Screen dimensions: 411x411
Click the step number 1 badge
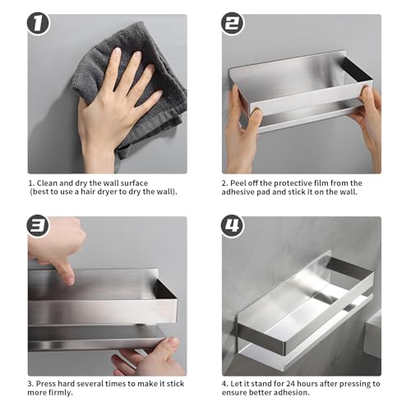[38, 23]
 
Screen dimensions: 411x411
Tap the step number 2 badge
[232, 23]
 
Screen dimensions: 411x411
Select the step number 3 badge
[38, 225]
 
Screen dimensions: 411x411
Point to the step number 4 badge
[232, 225]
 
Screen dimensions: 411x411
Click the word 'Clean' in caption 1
[46, 183]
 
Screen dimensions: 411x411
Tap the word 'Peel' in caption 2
[238, 183]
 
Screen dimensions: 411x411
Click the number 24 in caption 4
[291, 384]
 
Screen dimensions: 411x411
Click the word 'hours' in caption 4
[307, 384]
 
